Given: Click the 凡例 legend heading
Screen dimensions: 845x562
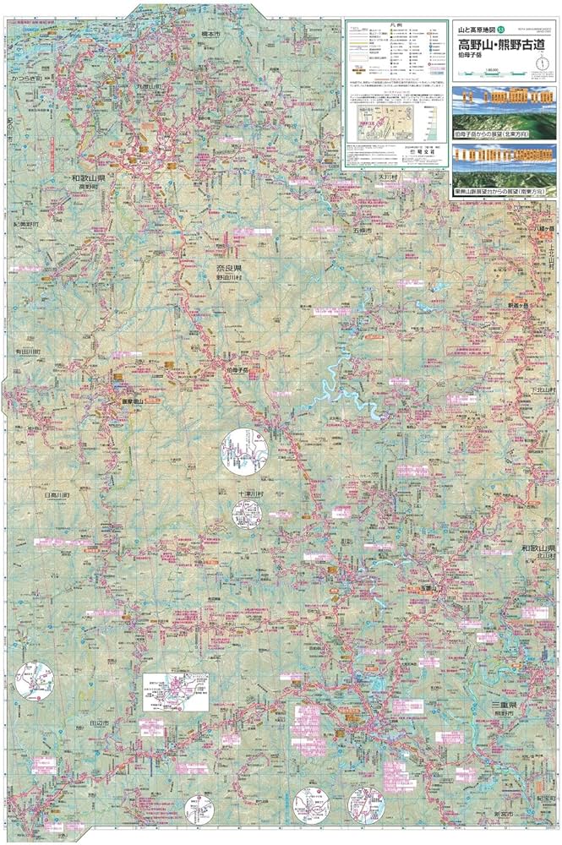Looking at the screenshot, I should [x=397, y=27].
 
